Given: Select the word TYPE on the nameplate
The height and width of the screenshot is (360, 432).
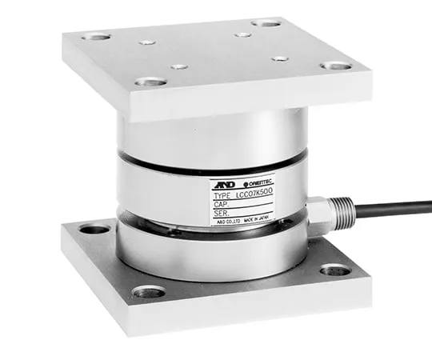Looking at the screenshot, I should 222,194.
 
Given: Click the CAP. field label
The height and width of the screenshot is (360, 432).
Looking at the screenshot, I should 220,204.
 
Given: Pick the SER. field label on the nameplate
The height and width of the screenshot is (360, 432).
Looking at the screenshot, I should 220,214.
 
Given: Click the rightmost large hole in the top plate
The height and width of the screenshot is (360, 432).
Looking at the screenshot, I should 335,66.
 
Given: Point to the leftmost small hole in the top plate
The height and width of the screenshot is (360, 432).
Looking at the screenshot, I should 146,41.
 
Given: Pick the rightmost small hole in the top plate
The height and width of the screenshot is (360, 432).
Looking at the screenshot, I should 280,58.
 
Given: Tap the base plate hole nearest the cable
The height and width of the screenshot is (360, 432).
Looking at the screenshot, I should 335,270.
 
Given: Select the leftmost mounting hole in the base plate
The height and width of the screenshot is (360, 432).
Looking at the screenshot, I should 94,230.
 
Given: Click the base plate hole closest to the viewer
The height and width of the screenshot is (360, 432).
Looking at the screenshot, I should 150,292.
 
